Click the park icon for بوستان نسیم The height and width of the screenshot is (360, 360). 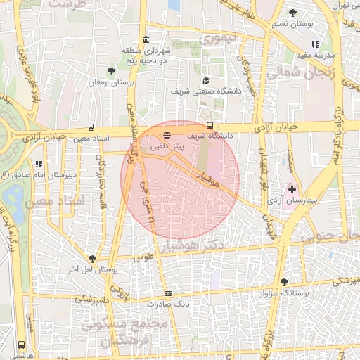[292, 12]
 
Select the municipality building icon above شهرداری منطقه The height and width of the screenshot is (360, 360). [146, 39]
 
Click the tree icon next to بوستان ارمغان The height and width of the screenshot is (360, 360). [111, 70]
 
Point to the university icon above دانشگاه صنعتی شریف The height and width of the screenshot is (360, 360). [205, 80]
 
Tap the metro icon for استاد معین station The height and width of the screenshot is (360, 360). [91, 127]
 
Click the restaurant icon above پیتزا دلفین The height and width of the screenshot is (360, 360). [167, 135]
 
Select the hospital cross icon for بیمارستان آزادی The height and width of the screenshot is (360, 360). [292, 190]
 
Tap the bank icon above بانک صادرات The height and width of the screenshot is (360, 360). [168, 293]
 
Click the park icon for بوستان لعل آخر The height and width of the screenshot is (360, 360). [91, 259]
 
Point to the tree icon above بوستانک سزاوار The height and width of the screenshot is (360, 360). [284, 281]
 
